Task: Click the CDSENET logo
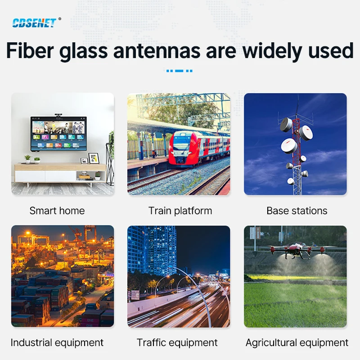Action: point(34,22)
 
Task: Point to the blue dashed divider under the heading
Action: point(179,71)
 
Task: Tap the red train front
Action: point(183,148)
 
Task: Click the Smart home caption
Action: point(57,211)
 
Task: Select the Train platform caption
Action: point(180,211)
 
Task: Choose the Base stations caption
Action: point(297,211)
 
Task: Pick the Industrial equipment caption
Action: point(57,342)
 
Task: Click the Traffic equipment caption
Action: point(177,342)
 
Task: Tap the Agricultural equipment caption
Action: point(297,342)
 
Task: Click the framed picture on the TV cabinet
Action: point(93,158)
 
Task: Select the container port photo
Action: point(63,276)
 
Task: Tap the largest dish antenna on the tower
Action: point(289,145)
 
